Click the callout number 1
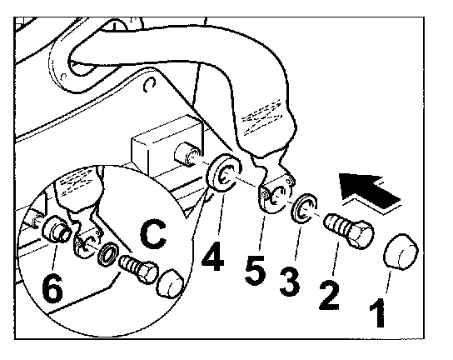(378, 312)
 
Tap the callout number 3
(290, 282)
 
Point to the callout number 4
(213, 256)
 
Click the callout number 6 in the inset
(52, 287)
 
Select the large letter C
(153, 234)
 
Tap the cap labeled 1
(401, 252)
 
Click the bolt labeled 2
(349, 230)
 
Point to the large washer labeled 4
(224, 172)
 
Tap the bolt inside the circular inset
(137, 268)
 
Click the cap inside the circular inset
(170, 284)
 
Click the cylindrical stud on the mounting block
(187, 154)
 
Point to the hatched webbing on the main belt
(261, 117)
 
